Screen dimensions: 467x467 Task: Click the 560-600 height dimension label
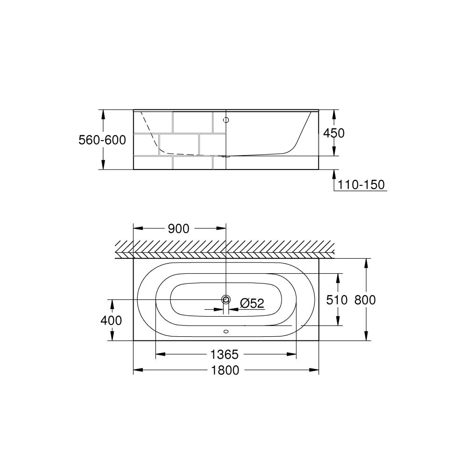click(102, 140)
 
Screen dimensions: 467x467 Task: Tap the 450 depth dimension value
click(334, 133)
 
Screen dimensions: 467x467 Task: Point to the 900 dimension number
click(178, 228)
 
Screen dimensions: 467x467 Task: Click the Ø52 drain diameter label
click(252, 304)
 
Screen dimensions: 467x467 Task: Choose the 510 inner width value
click(337, 300)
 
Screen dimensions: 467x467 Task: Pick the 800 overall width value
click(365, 300)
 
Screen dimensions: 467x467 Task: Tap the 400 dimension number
click(111, 320)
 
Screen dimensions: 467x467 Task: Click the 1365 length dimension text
click(226, 354)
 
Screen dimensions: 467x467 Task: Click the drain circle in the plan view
click(226, 299)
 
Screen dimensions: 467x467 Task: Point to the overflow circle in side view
click(226, 120)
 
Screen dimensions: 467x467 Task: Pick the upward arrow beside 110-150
click(334, 174)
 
